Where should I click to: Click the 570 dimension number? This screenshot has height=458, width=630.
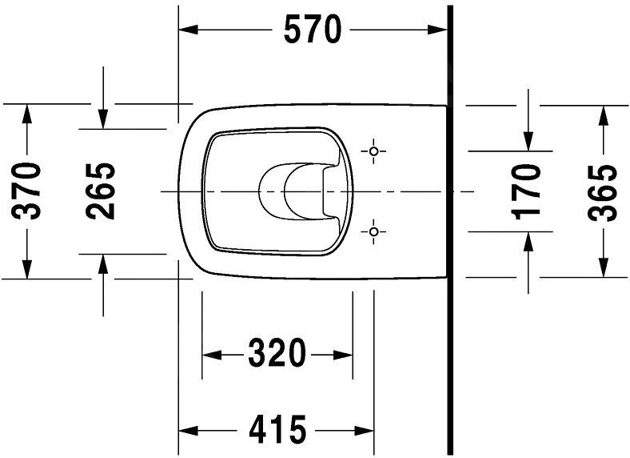point(313,30)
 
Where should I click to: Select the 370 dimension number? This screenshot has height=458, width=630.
point(26,191)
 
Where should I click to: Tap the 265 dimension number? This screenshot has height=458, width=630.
point(101,191)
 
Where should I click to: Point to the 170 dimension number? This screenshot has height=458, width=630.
point(527,192)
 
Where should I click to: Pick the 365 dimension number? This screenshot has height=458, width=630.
point(602,193)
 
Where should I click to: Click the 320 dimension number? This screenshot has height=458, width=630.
point(277,354)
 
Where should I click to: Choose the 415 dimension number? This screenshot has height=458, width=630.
point(277,429)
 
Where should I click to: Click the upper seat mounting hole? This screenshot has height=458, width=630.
point(373,151)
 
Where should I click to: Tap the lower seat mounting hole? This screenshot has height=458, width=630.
point(373,232)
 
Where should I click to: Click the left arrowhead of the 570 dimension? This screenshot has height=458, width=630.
point(188,30)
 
